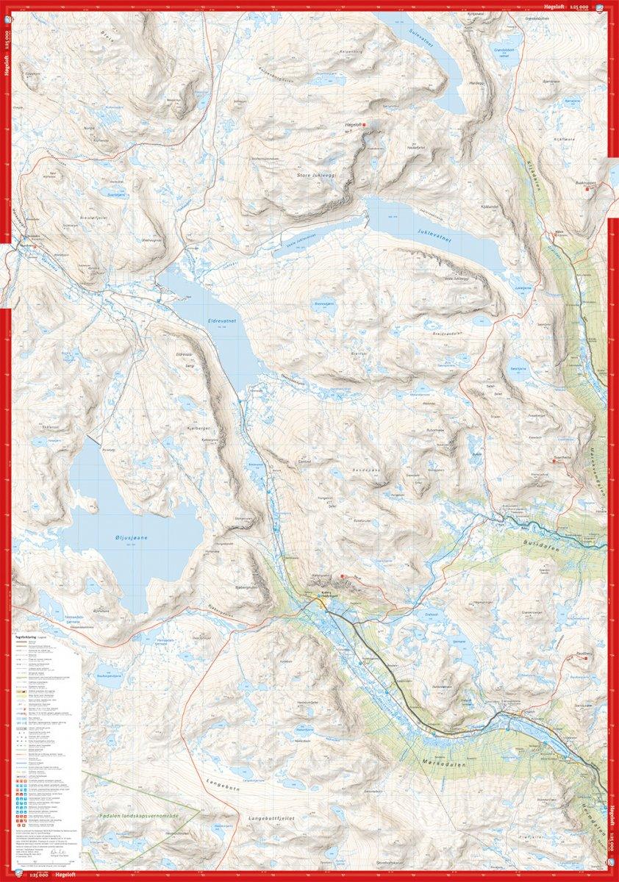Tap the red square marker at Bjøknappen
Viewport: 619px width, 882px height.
pyautogui.click(x=587, y=190)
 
